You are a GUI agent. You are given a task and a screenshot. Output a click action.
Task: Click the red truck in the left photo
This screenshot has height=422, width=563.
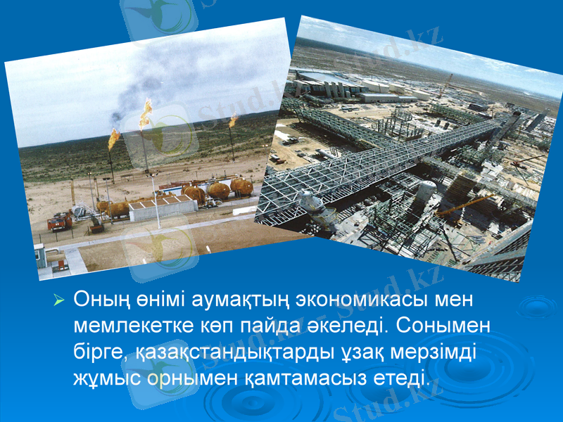(x=60, y=222)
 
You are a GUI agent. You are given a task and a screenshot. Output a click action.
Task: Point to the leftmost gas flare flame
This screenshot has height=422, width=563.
(x=113, y=139)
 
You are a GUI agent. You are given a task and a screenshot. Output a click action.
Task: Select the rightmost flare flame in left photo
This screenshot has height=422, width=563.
(x=232, y=121)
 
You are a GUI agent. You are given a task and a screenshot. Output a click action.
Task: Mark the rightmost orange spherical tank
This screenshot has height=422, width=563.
(x=241, y=186)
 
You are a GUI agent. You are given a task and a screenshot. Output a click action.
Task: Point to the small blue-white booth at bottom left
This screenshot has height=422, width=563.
(x=41, y=255)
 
